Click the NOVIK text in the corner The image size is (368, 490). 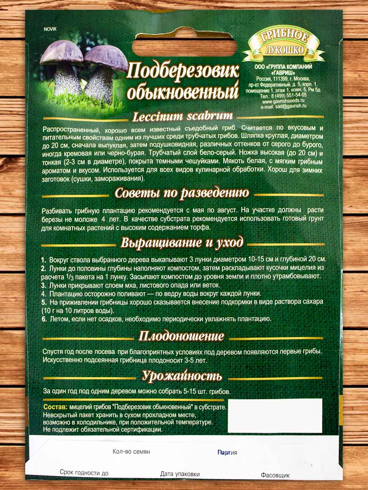[x=50, y=29]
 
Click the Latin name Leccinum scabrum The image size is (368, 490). [x=183, y=116]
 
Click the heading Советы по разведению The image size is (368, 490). [x=182, y=193]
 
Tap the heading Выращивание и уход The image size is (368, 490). [x=182, y=243]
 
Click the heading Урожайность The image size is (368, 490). [x=182, y=376]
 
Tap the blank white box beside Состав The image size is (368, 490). [x=275, y=416]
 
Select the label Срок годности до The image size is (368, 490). [x=84, y=473]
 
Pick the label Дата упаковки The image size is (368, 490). [x=180, y=474]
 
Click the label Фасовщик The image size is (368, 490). [x=275, y=475]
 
